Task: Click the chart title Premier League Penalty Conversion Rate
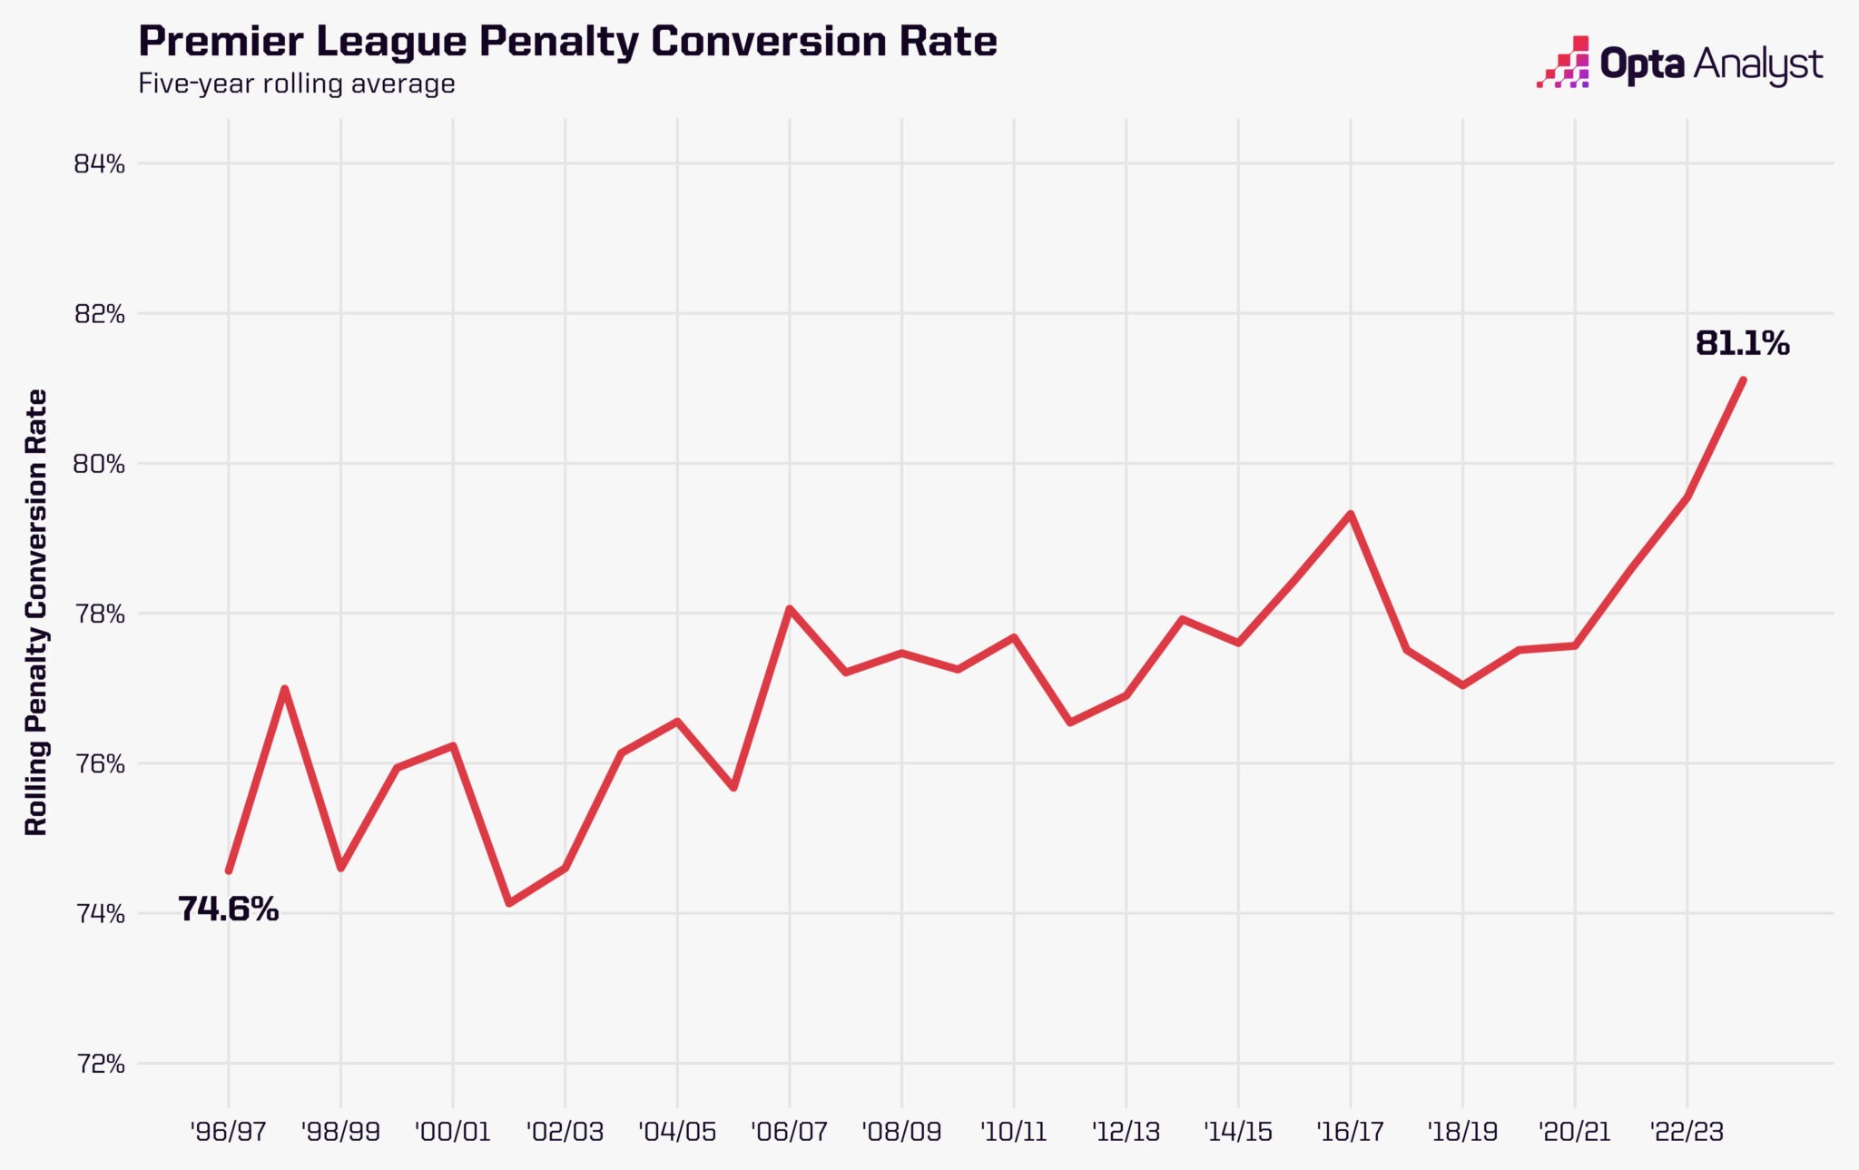(567, 42)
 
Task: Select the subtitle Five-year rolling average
(297, 84)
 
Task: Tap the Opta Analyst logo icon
(1563, 63)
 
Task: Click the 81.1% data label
(1742, 343)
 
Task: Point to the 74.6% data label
(228, 909)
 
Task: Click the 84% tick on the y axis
(99, 164)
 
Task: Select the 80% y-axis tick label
(99, 465)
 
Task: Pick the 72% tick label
(99, 1064)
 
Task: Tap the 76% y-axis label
(99, 764)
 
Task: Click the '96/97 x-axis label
(228, 1132)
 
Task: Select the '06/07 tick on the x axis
(789, 1132)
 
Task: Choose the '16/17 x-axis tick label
(1350, 1132)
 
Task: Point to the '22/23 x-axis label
(1687, 1132)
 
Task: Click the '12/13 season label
(1126, 1132)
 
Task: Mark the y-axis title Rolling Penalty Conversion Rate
(36, 613)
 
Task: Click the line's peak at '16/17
(1351, 515)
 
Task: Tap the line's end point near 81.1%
(1743, 379)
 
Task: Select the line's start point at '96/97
(229, 870)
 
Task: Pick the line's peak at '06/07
(790, 608)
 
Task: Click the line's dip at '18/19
(1463, 685)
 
